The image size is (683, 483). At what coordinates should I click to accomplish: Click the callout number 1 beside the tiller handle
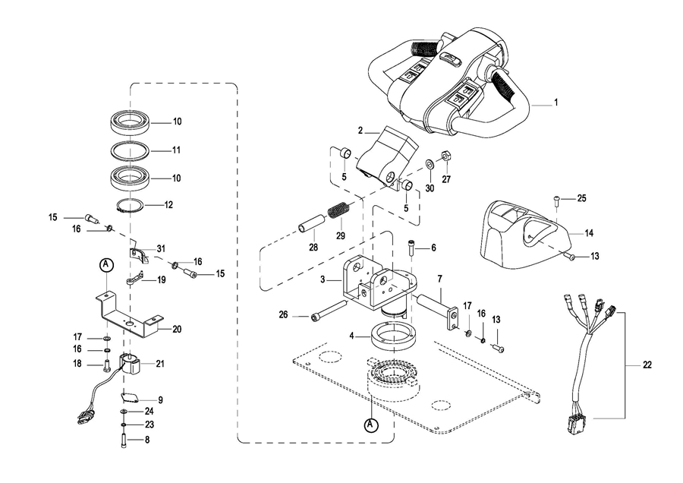click(x=556, y=103)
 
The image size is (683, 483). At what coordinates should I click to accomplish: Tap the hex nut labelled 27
click(x=446, y=156)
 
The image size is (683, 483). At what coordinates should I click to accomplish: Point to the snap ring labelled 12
click(x=131, y=205)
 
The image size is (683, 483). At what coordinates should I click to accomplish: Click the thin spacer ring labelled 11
click(x=130, y=150)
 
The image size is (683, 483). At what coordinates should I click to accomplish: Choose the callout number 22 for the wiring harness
click(x=647, y=365)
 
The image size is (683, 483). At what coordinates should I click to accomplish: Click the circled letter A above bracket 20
click(x=106, y=264)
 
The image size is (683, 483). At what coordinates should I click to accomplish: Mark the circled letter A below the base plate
click(x=370, y=425)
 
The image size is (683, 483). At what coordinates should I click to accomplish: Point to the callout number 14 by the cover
click(x=588, y=234)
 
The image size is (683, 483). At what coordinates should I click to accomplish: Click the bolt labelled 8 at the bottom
click(x=123, y=440)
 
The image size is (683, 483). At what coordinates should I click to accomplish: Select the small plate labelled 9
click(x=129, y=397)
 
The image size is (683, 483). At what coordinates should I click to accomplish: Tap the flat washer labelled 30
click(x=429, y=164)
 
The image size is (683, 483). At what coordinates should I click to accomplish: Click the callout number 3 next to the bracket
click(x=323, y=279)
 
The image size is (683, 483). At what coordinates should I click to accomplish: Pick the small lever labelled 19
click(x=134, y=278)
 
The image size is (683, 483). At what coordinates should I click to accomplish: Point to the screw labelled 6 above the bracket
click(x=411, y=248)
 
